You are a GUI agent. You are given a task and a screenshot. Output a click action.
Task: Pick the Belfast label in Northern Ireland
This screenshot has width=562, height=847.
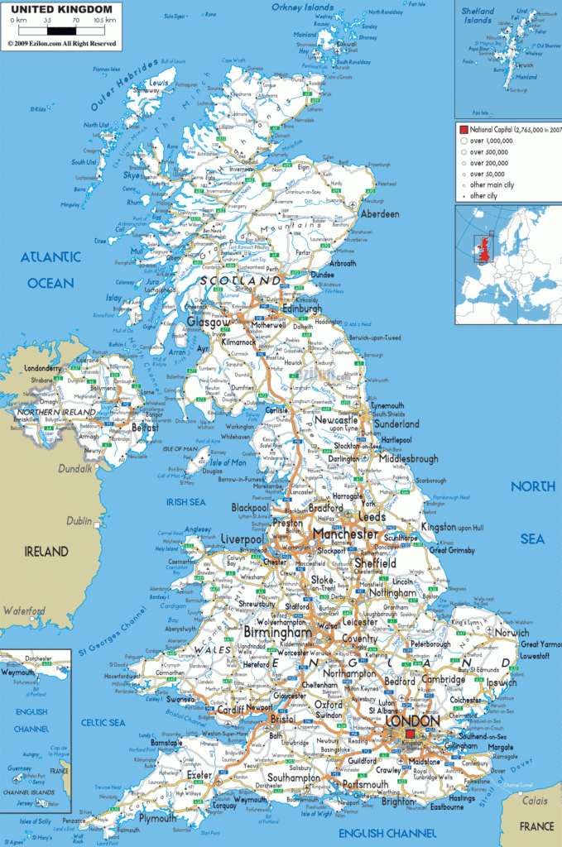click(145, 428)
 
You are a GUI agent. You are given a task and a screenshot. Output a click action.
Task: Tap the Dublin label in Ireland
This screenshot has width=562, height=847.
click(79, 521)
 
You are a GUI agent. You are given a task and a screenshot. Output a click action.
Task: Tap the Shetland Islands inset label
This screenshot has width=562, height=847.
click(478, 16)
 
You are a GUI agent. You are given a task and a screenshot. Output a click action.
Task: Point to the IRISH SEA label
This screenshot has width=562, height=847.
click(185, 501)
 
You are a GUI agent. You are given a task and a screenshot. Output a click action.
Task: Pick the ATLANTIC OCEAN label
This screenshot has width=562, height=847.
click(50, 270)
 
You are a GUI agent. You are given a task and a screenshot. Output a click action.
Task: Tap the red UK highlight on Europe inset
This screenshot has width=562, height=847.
click(479, 249)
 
